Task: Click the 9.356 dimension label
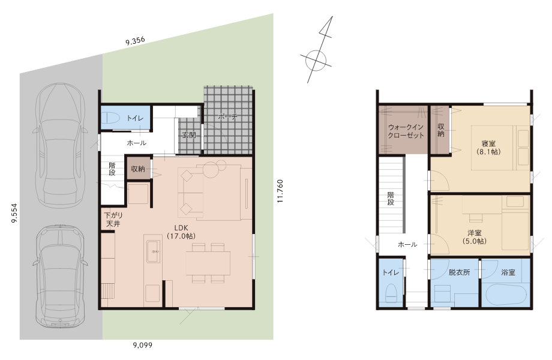(135, 41)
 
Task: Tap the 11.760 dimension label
(280, 191)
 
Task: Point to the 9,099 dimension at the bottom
(143, 345)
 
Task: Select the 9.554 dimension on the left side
(14, 213)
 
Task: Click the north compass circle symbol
(316, 60)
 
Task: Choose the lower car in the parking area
(60, 276)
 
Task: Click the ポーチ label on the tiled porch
(227, 116)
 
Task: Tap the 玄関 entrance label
(188, 135)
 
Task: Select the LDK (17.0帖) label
(181, 232)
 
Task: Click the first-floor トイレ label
(135, 118)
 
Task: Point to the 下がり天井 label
(113, 219)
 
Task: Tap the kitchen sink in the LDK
(153, 251)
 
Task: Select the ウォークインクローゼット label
(406, 131)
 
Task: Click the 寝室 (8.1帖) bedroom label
(488, 148)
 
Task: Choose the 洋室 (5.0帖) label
(475, 237)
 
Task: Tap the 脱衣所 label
(459, 272)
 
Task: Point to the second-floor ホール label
(407, 244)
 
